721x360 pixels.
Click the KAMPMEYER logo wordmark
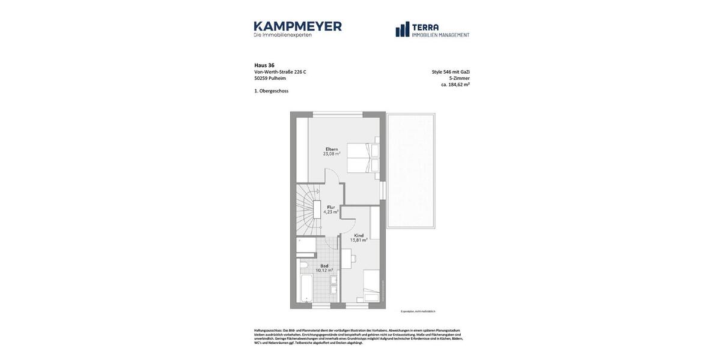tap(297, 26)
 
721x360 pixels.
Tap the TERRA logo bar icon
tap(402, 29)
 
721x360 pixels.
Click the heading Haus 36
tap(264, 65)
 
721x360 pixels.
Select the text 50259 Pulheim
tap(270, 78)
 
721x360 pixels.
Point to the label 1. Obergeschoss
tap(271, 91)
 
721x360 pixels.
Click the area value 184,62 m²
tap(458, 85)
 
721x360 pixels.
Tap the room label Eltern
tap(332, 149)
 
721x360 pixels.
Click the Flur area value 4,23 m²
tap(331, 212)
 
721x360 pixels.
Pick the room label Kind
tap(359, 235)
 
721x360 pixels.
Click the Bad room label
tap(324, 265)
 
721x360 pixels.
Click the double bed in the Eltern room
tap(363, 158)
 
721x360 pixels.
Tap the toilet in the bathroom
tap(304, 265)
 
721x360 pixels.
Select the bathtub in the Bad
tap(306, 289)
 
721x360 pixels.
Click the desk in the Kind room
tap(346, 259)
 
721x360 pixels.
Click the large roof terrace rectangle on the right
tap(410, 170)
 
